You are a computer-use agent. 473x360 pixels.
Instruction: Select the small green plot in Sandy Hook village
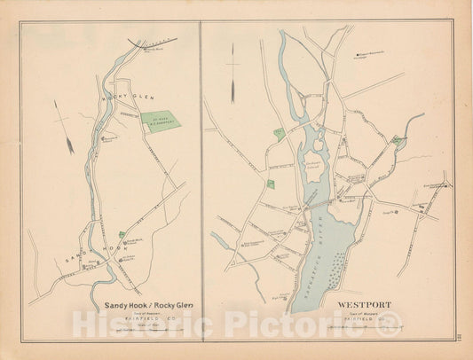122,234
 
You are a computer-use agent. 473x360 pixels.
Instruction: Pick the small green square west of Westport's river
271,184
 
